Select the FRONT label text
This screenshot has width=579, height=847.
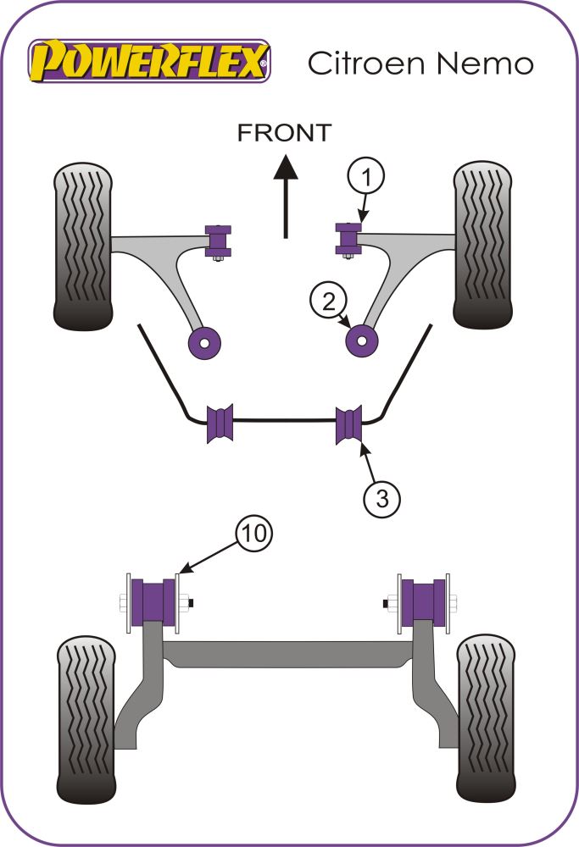click(284, 132)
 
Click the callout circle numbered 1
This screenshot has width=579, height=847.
click(365, 178)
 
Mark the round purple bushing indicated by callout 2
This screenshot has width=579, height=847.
click(363, 340)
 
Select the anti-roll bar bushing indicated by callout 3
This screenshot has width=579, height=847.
click(349, 423)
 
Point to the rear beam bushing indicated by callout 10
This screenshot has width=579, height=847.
click(153, 601)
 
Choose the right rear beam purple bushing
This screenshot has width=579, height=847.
click(423, 601)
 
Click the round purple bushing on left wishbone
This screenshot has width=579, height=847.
click(204, 340)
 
